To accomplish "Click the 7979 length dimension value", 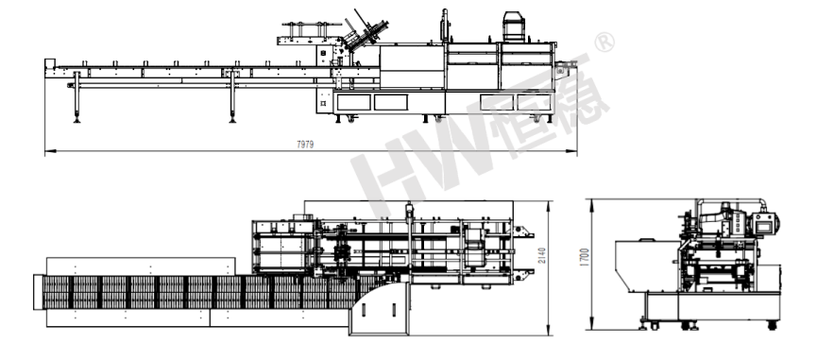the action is click(305, 145).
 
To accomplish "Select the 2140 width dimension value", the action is click(542, 255).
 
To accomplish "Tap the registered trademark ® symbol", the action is click(604, 43).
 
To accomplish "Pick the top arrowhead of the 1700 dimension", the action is click(592, 204).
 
